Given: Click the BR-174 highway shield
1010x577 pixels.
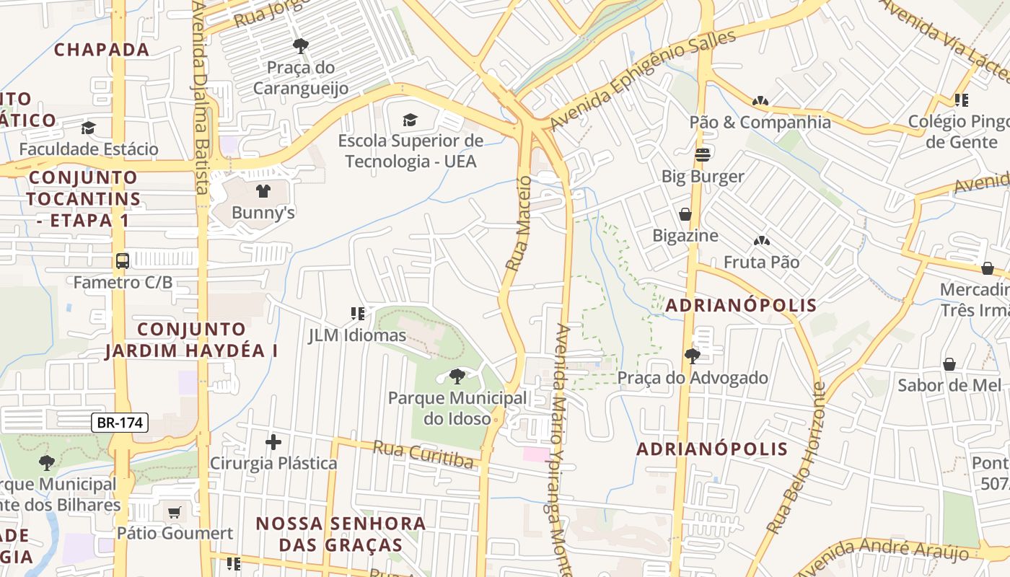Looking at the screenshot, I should [x=120, y=423].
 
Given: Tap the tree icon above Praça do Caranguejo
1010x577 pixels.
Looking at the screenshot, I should [x=301, y=46].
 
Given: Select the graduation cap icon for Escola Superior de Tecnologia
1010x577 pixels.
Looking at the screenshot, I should [x=410, y=120].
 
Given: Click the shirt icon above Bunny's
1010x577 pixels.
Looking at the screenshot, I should [x=263, y=191].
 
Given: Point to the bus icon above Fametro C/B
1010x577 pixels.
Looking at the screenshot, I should [x=123, y=260].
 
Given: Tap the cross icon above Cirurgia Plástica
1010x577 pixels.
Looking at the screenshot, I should [x=273, y=441].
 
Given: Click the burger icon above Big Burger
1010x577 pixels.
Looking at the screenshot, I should [x=703, y=154].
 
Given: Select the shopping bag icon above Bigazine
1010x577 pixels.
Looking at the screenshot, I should [x=685, y=214].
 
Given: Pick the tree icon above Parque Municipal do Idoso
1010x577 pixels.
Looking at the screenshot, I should [x=457, y=376].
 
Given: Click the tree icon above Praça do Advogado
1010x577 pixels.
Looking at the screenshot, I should [x=692, y=356].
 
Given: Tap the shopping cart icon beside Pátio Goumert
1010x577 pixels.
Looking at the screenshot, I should [x=174, y=513].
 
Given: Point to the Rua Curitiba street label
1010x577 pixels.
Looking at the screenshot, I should [x=423, y=454].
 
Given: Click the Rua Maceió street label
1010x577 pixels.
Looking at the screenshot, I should [x=519, y=224].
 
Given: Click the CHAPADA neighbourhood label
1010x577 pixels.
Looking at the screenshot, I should [x=102, y=50].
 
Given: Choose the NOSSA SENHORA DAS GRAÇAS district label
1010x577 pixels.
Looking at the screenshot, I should [x=341, y=534].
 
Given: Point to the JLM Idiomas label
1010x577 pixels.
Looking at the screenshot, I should [x=357, y=335].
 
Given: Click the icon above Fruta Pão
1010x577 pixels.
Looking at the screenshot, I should [x=760, y=241].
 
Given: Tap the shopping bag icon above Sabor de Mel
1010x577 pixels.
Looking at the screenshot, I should [x=949, y=364].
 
